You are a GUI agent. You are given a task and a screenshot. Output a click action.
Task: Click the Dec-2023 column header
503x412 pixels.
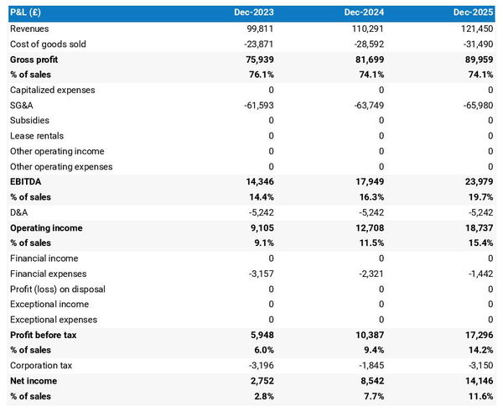pyautogui.click(x=254, y=13)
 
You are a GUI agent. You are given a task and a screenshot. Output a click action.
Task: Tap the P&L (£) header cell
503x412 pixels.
pyautogui.click(x=29, y=13)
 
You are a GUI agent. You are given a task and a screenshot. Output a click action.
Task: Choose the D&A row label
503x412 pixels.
pyautogui.click(x=18, y=212)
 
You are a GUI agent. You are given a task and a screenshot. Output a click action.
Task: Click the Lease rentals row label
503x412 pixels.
pyautogui.click(x=37, y=136)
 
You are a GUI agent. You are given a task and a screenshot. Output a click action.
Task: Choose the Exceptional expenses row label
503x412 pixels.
pyautogui.click(x=53, y=320)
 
